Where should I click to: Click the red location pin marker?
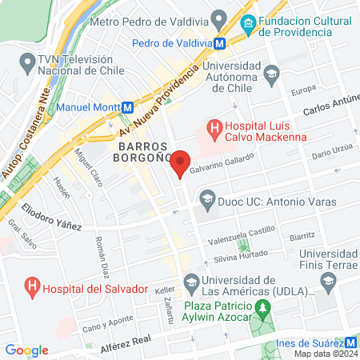(181, 162)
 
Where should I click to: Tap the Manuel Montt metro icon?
(126, 106)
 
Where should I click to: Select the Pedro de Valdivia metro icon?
(230, 45)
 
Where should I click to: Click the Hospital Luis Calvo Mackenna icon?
(214, 127)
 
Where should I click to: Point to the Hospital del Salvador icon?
(32, 285)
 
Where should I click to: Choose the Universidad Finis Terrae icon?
(327, 281)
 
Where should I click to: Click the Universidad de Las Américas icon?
(191, 281)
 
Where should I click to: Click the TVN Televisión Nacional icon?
(28, 62)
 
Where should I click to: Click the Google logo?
(26, 350)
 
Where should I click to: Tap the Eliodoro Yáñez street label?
(51, 220)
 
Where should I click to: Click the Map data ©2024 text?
(325, 353)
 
